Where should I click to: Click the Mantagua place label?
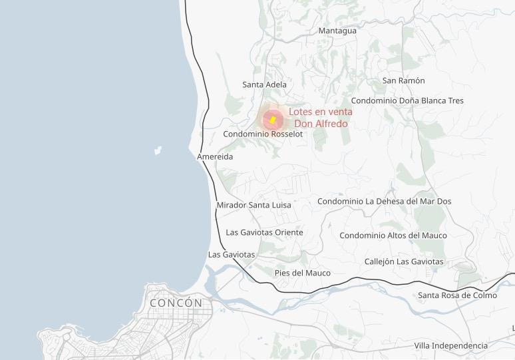pyautogui.click(x=337, y=31)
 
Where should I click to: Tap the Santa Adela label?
pyautogui.click(x=264, y=85)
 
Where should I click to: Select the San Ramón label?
pyautogui.click(x=403, y=81)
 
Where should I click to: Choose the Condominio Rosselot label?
pyautogui.click(x=263, y=134)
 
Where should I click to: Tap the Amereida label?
pyautogui.click(x=215, y=156)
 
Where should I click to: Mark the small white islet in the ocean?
pyautogui.click(x=158, y=150)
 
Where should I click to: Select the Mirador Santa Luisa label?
pyautogui.click(x=254, y=205)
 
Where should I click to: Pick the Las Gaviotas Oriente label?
pyautogui.click(x=264, y=232)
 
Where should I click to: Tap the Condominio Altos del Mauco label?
pyautogui.click(x=393, y=235)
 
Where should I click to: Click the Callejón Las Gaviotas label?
pyautogui.click(x=403, y=262)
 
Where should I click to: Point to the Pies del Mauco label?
pyautogui.click(x=302, y=273)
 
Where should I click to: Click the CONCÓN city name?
pyautogui.click(x=176, y=303)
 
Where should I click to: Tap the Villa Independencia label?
pyautogui.click(x=450, y=345)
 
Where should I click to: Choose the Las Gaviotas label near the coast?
pyautogui.click(x=232, y=254)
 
